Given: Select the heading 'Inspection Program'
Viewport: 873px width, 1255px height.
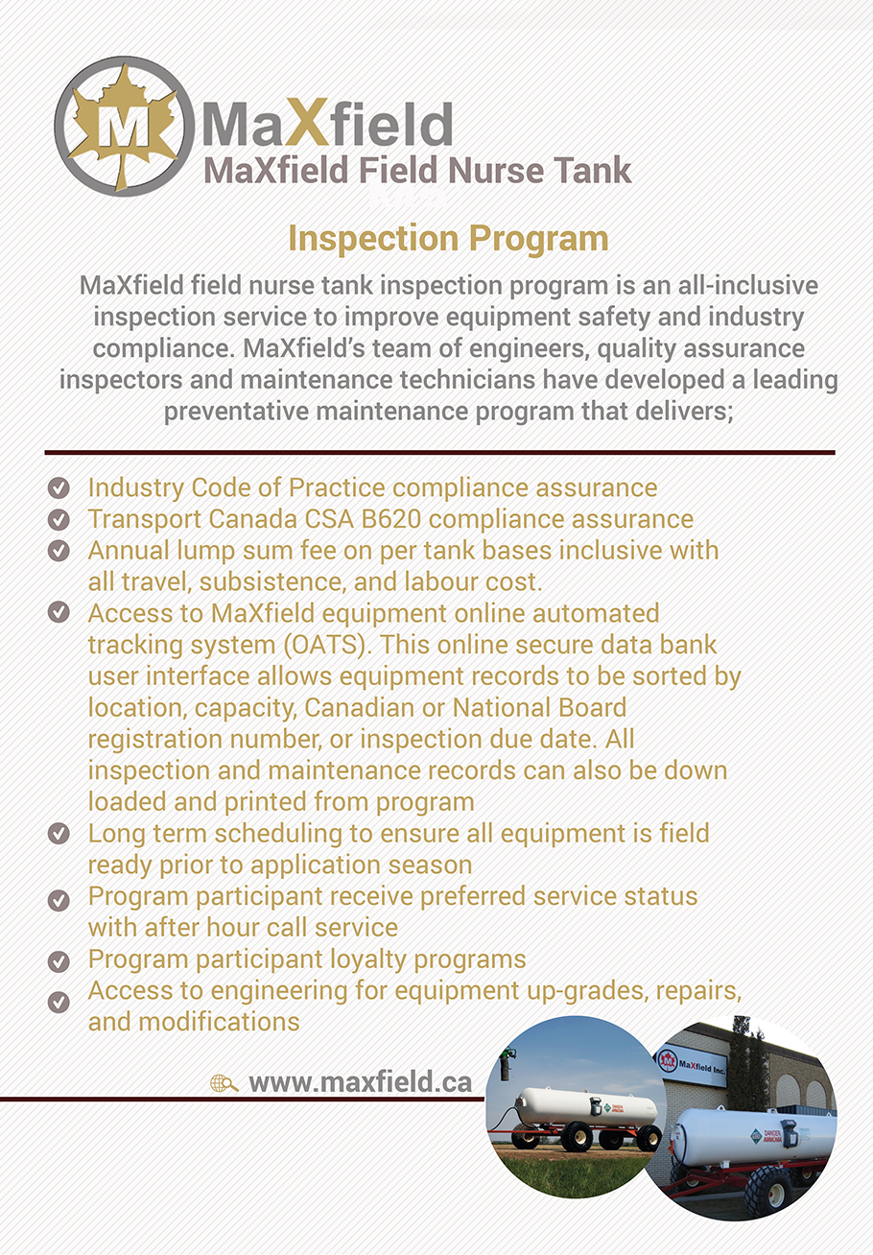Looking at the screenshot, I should (x=448, y=238).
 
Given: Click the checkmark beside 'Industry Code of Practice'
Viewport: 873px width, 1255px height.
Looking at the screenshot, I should (x=59, y=488).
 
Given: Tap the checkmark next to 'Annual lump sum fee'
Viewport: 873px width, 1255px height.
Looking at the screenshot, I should (x=59, y=551).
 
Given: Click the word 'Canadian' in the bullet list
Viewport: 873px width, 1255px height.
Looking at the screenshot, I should (x=391, y=707).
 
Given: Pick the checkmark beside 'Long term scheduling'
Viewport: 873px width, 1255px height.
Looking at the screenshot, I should (x=59, y=834).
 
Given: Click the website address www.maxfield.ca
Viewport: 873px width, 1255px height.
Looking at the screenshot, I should (x=360, y=1082).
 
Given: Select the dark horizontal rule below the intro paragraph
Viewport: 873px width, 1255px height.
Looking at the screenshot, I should (x=439, y=452).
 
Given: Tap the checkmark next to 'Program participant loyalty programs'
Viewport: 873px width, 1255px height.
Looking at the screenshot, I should (x=59, y=960).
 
